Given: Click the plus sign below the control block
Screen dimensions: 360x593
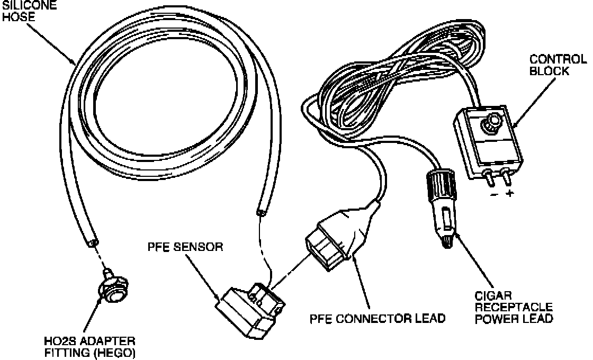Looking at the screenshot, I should click(x=510, y=194).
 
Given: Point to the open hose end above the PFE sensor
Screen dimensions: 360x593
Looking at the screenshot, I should click(x=260, y=213).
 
